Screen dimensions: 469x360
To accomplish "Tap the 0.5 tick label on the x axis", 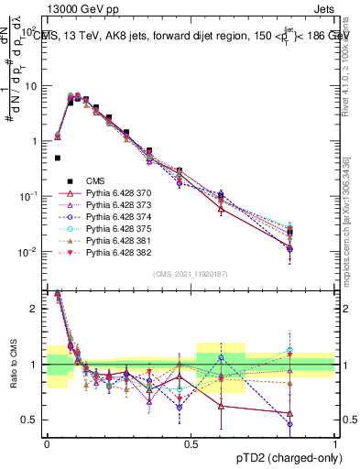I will pyautogui.click(x=191, y=443).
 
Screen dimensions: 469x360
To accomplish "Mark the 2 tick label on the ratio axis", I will pyautogui.click(x=34, y=309).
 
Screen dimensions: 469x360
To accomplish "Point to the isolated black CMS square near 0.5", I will pyautogui.click(x=57, y=158).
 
